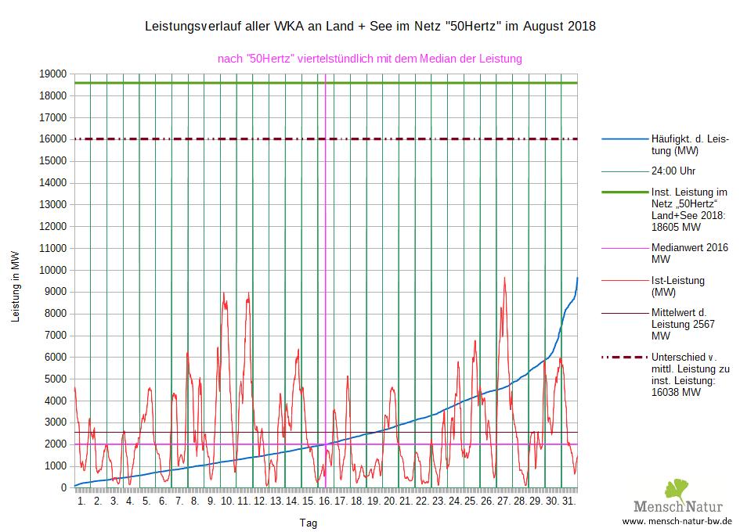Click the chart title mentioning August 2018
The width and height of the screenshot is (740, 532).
point(370,27)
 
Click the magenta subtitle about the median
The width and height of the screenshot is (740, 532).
point(370,59)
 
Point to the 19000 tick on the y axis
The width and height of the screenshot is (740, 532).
point(53,74)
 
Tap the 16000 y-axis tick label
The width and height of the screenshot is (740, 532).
point(53,139)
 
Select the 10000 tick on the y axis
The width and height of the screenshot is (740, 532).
point(53,270)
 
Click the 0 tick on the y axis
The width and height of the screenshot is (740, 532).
point(63,487)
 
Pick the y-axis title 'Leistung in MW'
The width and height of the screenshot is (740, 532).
point(16,286)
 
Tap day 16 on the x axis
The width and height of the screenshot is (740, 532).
point(325,501)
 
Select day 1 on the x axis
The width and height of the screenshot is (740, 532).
point(81,501)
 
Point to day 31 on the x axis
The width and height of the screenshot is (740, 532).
point(569,501)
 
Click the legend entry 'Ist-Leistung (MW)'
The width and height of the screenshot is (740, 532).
point(677,286)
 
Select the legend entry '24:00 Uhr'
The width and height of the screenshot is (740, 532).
point(673,171)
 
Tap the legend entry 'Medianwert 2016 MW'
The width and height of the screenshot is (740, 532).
point(689,253)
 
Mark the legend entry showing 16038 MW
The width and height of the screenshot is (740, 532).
point(689,375)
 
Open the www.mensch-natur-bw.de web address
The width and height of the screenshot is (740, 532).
point(677,521)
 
